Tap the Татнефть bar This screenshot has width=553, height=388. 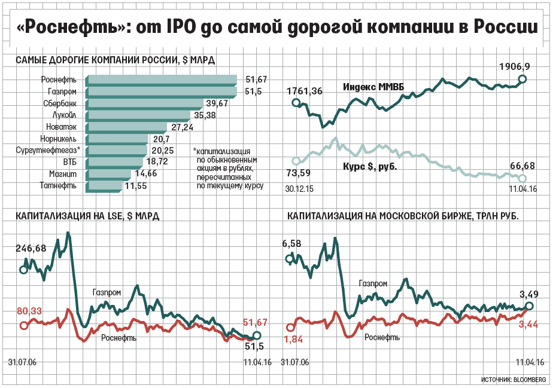click(x=105, y=186)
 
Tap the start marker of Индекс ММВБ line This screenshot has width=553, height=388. click(x=296, y=103)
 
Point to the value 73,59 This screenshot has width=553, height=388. click(x=300, y=173)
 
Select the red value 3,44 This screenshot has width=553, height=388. click(x=528, y=323)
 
